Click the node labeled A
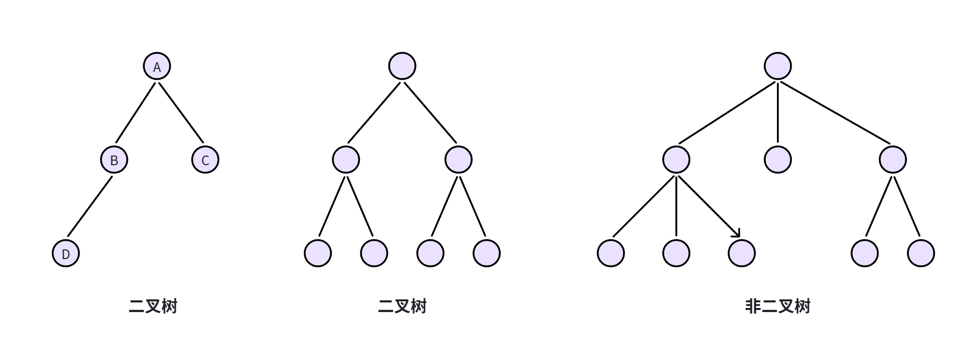point(157,66)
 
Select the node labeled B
point(114,160)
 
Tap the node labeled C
point(205,160)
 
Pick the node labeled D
point(66,253)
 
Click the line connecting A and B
point(135,113)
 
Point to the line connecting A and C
point(181,113)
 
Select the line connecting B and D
point(90,207)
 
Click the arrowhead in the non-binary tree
point(736,234)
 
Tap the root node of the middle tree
point(402,66)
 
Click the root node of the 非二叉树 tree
point(777,66)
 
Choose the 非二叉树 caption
point(777,306)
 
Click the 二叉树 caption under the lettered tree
point(153,306)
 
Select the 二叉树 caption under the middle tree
point(402,306)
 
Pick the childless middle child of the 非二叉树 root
point(777,160)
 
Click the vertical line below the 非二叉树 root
point(778,112)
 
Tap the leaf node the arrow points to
point(741,253)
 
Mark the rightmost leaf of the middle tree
point(486,253)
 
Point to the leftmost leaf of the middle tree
point(318,253)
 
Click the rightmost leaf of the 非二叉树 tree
point(921,253)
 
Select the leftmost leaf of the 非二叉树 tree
point(610,253)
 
